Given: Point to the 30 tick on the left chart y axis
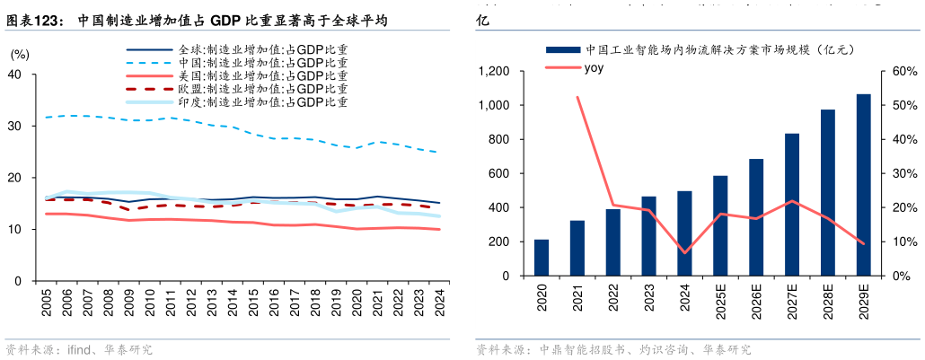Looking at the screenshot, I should (x=14, y=127).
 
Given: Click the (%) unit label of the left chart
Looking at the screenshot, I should (x=19, y=55).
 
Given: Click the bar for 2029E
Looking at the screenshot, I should (x=863, y=184).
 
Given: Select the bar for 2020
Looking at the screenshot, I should (x=542, y=258).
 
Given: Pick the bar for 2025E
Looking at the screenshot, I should (x=720, y=225).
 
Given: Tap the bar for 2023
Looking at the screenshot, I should (x=648, y=235).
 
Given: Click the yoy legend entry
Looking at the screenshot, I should (x=593, y=68).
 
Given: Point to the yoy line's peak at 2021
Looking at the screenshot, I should (x=577, y=97).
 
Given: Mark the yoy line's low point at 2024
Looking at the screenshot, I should (x=684, y=252).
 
